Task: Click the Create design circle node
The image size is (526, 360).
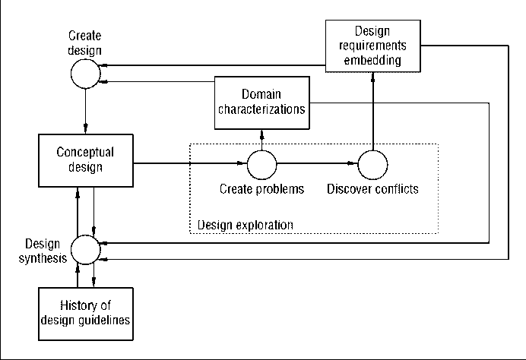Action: click(85, 74)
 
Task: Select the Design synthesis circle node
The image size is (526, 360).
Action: click(85, 248)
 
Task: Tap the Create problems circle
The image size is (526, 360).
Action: click(262, 163)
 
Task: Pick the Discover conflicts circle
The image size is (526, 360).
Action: click(372, 163)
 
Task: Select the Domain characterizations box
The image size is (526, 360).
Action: click(262, 102)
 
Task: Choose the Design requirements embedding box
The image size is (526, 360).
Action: click(372, 46)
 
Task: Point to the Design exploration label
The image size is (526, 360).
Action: click(245, 225)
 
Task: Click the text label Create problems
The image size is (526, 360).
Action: click(261, 189)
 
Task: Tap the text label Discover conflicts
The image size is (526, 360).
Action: click(372, 189)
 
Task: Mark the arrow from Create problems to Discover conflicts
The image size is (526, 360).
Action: click(317, 163)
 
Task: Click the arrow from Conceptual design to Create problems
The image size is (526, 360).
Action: click(190, 163)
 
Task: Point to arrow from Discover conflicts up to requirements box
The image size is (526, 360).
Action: click(372, 110)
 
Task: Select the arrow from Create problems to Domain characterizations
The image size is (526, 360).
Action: click(262, 138)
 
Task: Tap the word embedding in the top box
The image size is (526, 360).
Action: click(372, 59)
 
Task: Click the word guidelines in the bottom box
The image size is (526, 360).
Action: click(104, 320)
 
